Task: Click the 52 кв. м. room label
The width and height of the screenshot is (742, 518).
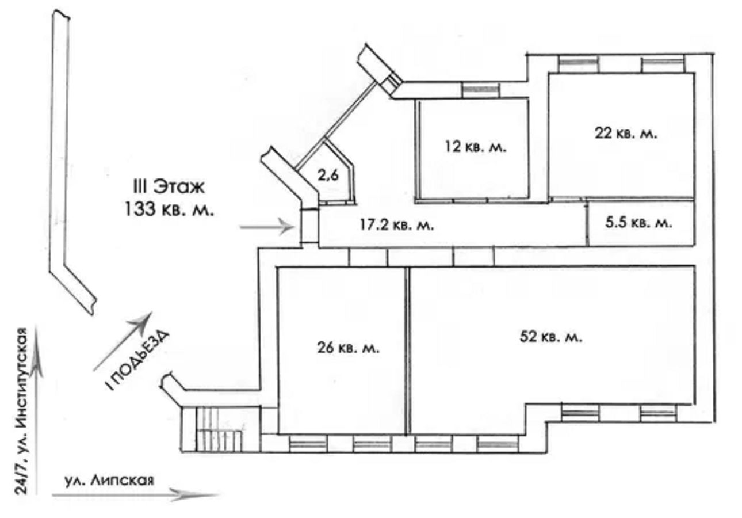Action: click(551, 337)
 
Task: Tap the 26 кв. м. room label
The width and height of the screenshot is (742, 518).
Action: click(348, 348)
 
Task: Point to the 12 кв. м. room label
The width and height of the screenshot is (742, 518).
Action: click(476, 147)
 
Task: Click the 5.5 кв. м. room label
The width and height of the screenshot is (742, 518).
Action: click(639, 222)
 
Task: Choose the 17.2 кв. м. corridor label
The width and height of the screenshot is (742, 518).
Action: click(396, 225)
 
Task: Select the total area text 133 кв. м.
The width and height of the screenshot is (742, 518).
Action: click(169, 210)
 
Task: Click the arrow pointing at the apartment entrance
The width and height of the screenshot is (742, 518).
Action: click(267, 227)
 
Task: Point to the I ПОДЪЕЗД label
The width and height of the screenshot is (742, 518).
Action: click(137, 360)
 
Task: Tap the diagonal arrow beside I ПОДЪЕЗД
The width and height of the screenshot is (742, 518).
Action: click(123, 341)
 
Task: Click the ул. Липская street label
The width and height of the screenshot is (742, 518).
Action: click(109, 480)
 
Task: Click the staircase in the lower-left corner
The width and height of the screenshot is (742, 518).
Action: click(220, 429)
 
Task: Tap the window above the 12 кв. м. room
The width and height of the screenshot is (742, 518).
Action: click(480, 90)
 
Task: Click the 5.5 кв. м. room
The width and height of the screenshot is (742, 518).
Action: click(641, 223)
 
